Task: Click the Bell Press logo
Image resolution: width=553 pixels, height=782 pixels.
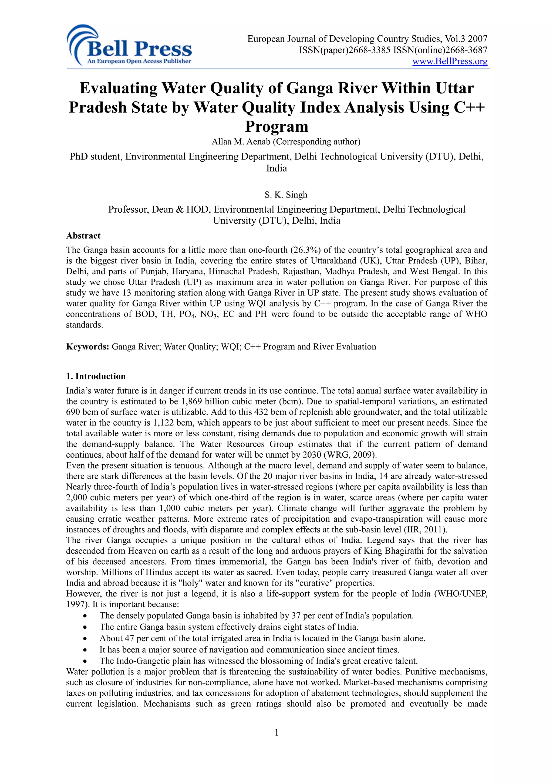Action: pyautogui.click(x=130, y=46)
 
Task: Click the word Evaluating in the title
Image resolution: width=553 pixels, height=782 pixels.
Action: pyautogui.click(x=118, y=88)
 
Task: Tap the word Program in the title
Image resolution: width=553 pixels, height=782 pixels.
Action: pyautogui.click(x=276, y=126)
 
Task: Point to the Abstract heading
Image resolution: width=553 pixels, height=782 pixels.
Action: pyautogui.click(x=83, y=236)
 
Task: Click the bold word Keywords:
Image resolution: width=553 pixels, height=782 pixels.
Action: pyautogui.click(x=87, y=347)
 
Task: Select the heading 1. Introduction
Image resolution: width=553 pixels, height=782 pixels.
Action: pyautogui.click(x=96, y=376)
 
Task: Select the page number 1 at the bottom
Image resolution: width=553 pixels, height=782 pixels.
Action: pyautogui.click(x=276, y=732)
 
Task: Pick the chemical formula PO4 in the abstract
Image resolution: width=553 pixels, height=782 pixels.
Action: pyautogui.click(x=187, y=314)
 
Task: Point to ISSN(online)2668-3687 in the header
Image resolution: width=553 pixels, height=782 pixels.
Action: pyautogui.click(x=440, y=50)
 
